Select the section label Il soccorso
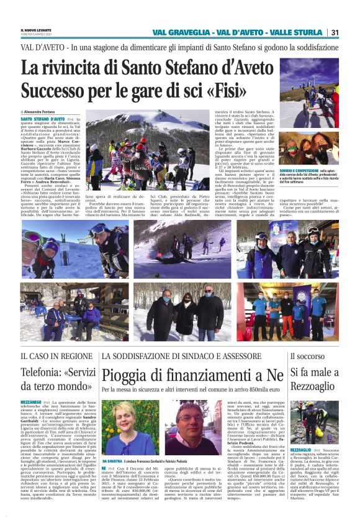click(x=322, y=356)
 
